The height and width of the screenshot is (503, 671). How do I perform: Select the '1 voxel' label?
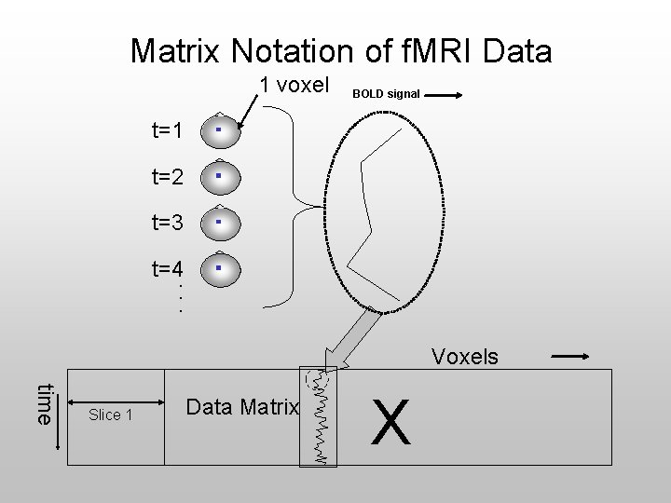tap(294, 85)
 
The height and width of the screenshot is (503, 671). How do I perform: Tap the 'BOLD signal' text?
tap(386, 94)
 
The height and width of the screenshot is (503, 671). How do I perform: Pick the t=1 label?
tap(168, 130)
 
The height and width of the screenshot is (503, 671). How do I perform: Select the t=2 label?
tap(168, 176)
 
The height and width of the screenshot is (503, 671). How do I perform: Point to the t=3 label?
tap(168, 223)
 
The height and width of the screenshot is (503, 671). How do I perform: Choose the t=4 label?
tap(168, 269)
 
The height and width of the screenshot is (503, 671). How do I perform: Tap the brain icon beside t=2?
tap(216, 176)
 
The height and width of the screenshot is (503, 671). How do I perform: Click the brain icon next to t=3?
tap(216, 223)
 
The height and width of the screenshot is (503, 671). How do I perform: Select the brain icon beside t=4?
tap(216, 269)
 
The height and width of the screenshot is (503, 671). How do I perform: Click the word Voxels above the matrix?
tap(464, 357)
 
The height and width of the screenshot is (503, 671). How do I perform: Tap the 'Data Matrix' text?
tap(242, 407)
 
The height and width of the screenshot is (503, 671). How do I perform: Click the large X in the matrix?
tap(391, 422)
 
